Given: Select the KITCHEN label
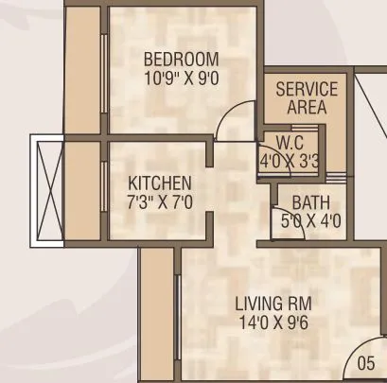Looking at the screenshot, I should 160,182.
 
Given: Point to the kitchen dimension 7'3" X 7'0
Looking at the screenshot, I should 160,200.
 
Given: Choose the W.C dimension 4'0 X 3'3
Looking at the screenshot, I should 290,161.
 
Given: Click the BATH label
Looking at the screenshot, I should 310,202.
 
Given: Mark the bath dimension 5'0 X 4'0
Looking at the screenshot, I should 311,222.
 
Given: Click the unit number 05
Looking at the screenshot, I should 367,363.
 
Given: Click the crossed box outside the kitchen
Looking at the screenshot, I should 47,189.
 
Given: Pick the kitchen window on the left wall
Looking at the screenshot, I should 104,189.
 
